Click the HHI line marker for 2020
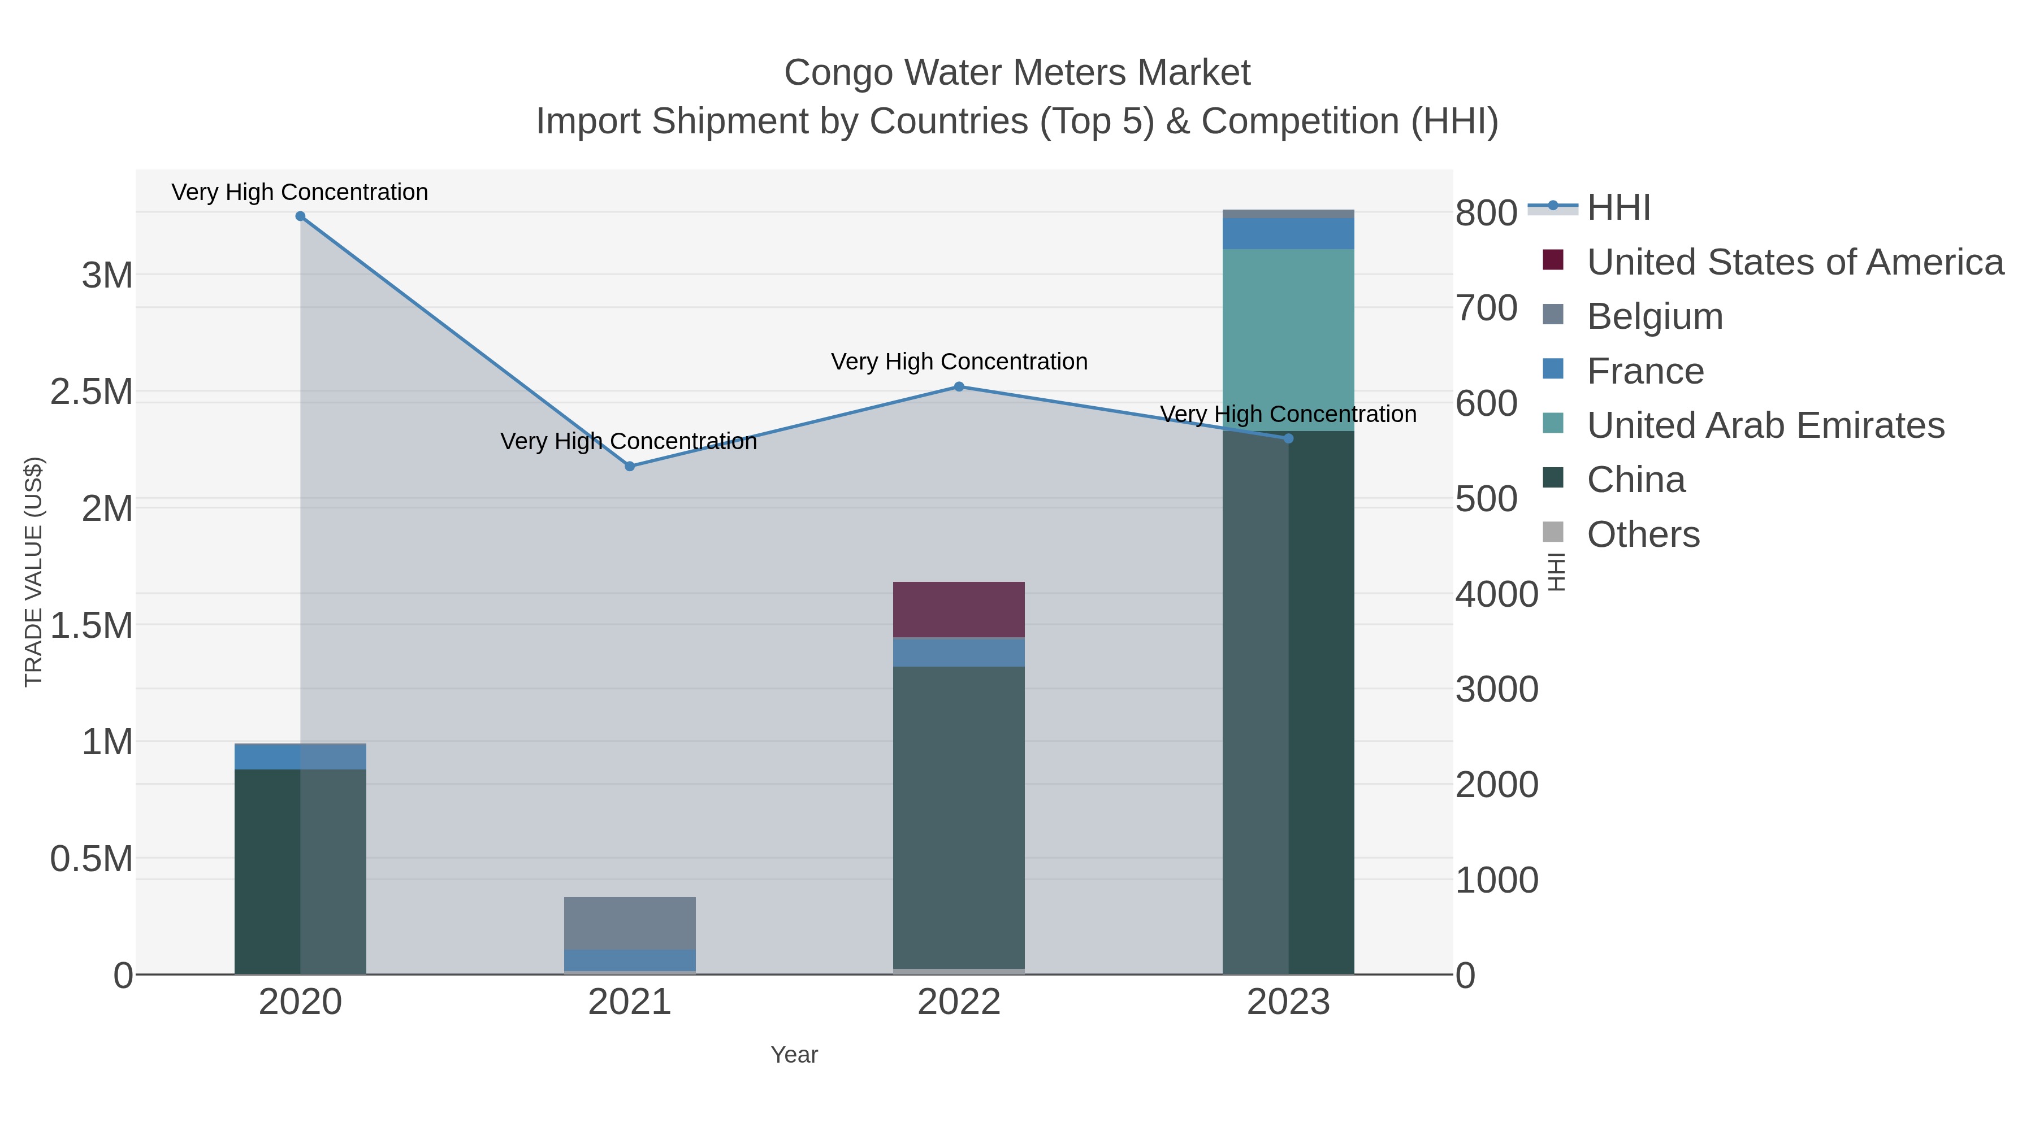pyautogui.click(x=300, y=216)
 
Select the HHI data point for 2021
pyautogui.click(x=630, y=467)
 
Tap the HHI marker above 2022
pyautogui.click(x=959, y=387)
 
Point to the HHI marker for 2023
pyautogui.click(x=1288, y=438)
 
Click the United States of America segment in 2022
pyautogui.click(x=959, y=610)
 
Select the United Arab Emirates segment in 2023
pyautogui.click(x=1288, y=340)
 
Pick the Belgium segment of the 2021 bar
pyautogui.click(x=630, y=923)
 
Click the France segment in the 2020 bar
pyautogui.click(x=300, y=757)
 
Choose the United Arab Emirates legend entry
pyautogui.click(x=1765, y=425)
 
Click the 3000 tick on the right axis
pyautogui.click(x=1496, y=690)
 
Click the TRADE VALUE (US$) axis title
pyautogui.click(x=34, y=572)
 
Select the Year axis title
pyautogui.click(x=794, y=1055)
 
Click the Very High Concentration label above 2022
pyautogui.click(x=959, y=362)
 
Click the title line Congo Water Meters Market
pyautogui.click(x=1017, y=73)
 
